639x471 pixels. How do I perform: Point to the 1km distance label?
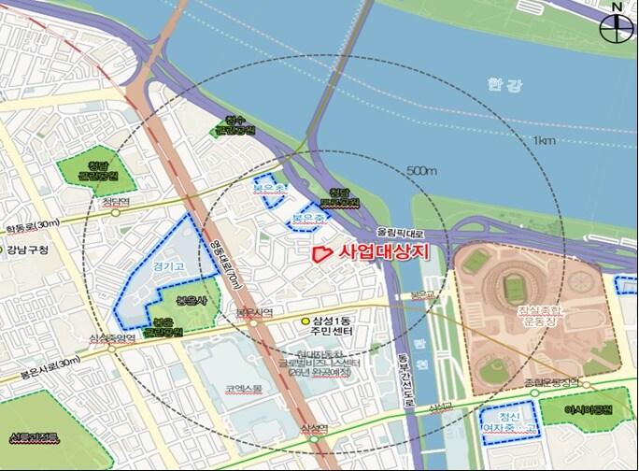[545, 140]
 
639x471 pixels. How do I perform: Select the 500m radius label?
[422, 172]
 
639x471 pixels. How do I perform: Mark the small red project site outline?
[319, 251]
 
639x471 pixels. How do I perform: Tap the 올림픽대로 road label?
[400, 228]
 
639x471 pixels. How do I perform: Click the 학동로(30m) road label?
[31, 225]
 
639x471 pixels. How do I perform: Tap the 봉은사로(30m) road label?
[39, 366]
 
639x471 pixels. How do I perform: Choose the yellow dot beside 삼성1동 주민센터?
[305, 322]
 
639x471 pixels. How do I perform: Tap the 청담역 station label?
[114, 200]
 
